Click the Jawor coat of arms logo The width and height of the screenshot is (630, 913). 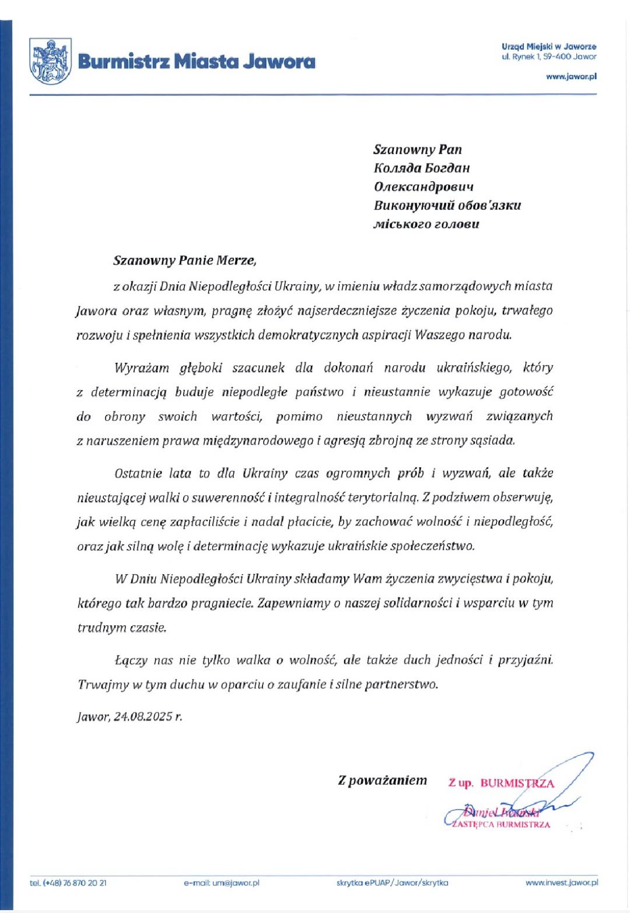pyautogui.click(x=51, y=61)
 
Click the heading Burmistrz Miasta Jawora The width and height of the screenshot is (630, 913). pyautogui.click(x=196, y=61)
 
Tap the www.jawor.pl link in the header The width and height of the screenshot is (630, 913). pyautogui.click(x=571, y=76)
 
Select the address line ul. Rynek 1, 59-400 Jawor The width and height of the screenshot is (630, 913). pyautogui.click(x=549, y=57)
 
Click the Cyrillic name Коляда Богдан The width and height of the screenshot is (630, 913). pyautogui.click(x=421, y=168)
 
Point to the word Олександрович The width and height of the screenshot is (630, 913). pyautogui.click(x=423, y=187)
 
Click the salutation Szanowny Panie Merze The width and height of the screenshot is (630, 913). pyautogui.click(x=184, y=260)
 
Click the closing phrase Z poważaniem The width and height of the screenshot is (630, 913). pyautogui.click(x=382, y=780)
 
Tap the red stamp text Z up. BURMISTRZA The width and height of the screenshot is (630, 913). pyautogui.click(x=501, y=783)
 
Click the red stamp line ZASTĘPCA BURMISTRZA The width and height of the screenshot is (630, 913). pyautogui.click(x=501, y=824)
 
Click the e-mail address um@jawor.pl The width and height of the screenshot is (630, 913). pyautogui.click(x=221, y=883)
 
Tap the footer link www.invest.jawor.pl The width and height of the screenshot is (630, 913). pyautogui.click(x=561, y=883)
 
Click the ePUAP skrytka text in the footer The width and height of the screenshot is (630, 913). pyautogui.click(x=392, y=883)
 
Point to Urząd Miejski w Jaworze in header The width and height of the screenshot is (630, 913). pyautogui.click(x=549, y=46)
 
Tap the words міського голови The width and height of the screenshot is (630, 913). pyautogui.click(x=426, y=224)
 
